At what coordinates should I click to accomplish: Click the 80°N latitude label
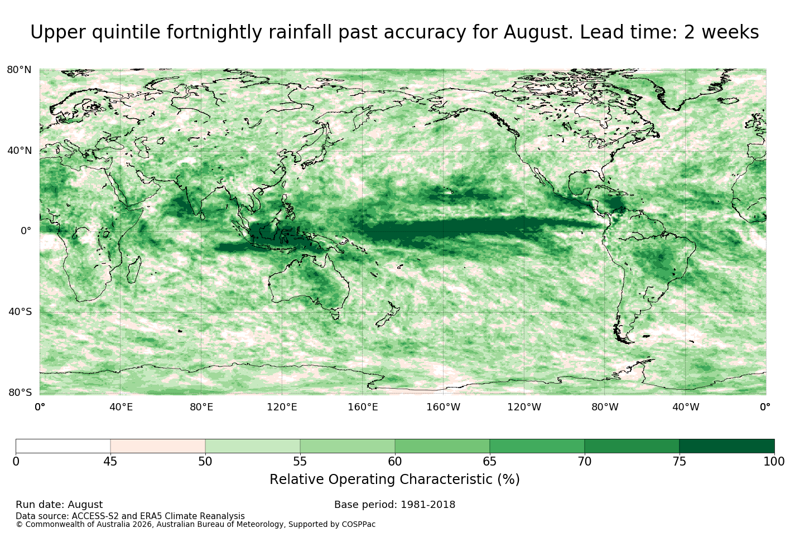click(x=19, y=70)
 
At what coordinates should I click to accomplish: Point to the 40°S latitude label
click(x=20, y=312)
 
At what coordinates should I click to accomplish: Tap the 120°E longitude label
click(x=282, y=407)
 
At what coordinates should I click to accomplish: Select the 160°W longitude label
click(x=444, y=407)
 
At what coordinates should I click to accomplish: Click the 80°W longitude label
click(x=605, y=407)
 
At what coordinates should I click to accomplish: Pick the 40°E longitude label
click(x=121, y=407)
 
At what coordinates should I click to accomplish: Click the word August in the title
click(x=538, y=32)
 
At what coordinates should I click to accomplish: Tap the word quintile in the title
click(x=126, y=32)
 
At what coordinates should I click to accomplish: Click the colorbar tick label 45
click(x=110, y=462)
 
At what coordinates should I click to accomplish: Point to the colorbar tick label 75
click(x=680, y=462)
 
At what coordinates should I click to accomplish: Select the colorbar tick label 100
click(x=774, y=462)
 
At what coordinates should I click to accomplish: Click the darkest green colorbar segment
click(x=727, y=446)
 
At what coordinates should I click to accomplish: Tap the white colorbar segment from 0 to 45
click(x=63, y=446)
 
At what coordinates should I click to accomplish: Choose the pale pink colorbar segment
click(x=158, y=446)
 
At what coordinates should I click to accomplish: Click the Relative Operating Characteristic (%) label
click(x=394, y=480)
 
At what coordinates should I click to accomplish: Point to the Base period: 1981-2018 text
click(x=394, y=505)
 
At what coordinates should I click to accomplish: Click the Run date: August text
click(x=59, y=505)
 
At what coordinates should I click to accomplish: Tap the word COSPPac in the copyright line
click(x=358, y=525)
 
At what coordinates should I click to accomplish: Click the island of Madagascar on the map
click(x=134, y=270)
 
